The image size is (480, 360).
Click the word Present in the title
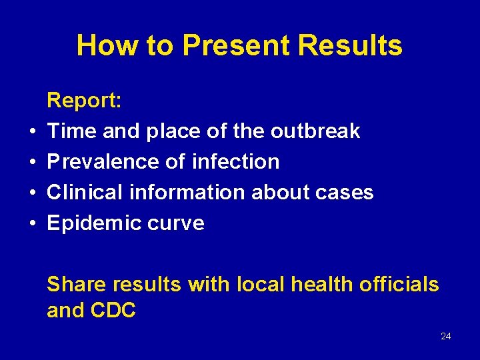pos(236,46)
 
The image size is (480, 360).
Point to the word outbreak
pos(315,131)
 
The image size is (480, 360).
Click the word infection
pos(235,162)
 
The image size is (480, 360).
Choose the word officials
pos(399,285)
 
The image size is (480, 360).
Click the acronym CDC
pos(113,311)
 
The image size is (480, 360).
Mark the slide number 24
pos(446,336)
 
